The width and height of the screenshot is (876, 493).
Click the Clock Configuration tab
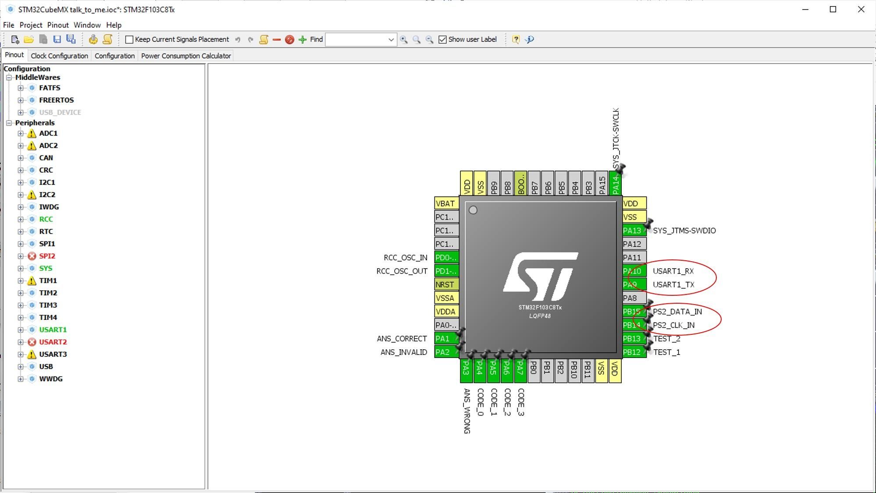59,56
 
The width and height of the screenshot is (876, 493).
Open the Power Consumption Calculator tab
186,56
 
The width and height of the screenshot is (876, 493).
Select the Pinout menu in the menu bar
58,25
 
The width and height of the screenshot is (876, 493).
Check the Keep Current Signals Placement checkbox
129,39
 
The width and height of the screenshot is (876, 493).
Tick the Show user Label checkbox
442,39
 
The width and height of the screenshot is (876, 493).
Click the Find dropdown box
361,39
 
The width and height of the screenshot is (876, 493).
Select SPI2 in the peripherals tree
47,256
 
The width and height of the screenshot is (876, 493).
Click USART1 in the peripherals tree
53,330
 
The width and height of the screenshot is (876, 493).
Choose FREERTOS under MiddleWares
56,100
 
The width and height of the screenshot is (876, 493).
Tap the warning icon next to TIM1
32,280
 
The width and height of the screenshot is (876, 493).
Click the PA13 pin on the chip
632,231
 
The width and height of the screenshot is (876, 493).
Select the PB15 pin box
632,312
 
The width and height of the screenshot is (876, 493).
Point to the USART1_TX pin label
673,284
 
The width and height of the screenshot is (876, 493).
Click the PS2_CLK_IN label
673,325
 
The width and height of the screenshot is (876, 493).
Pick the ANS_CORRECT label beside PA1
402,338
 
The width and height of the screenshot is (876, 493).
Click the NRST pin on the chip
445,284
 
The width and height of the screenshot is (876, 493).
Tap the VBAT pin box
445,203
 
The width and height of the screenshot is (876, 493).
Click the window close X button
861,9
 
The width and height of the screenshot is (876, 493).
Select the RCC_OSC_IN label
405,258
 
